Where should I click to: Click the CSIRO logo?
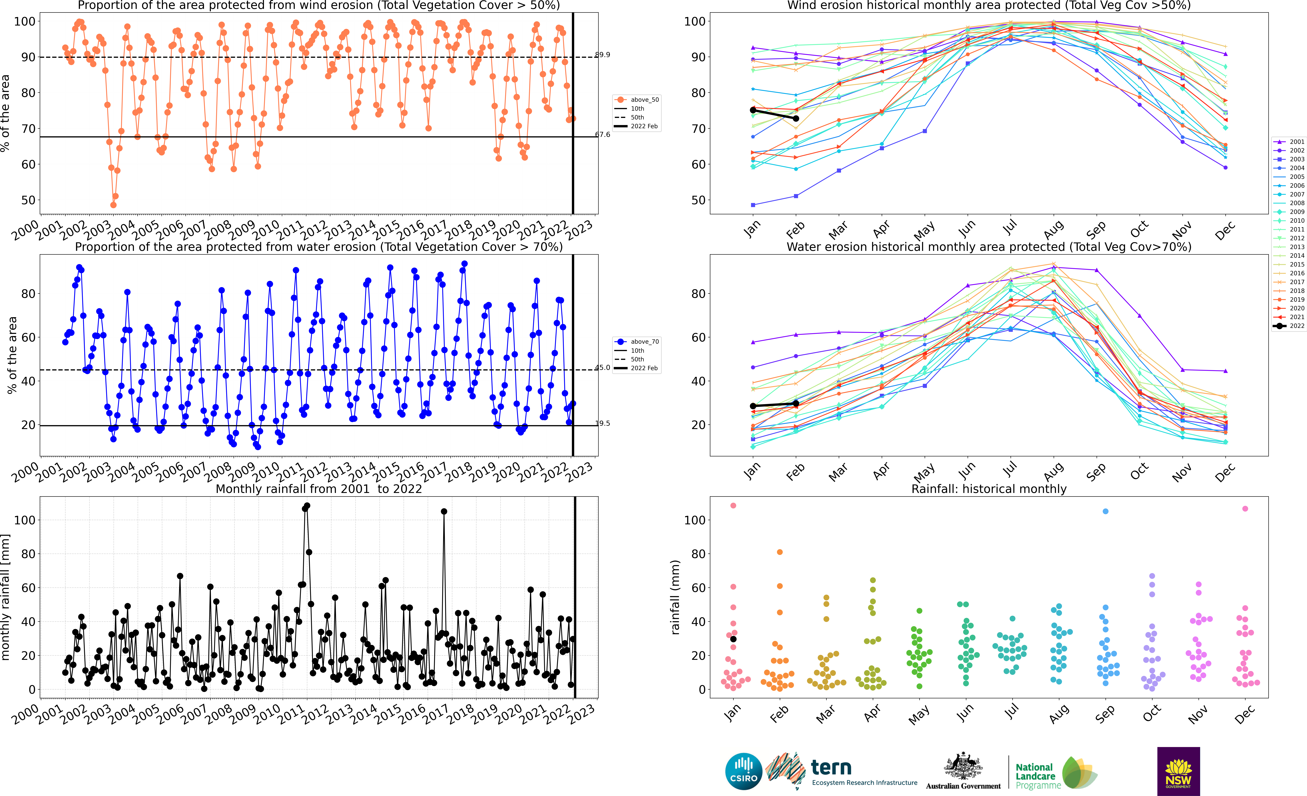[743, 771]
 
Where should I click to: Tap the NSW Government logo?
[1178, 771]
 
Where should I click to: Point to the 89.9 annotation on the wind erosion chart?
[603, 55]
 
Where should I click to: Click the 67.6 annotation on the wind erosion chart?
[603, 135]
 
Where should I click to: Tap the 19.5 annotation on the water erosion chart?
[603, 423]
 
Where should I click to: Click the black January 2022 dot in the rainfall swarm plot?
[733, 639]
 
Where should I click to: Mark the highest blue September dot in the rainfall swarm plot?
[1105, 512]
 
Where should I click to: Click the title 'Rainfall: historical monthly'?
[989, 489]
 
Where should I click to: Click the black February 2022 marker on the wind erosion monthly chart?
[796, 118]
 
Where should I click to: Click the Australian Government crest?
[963, 767]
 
